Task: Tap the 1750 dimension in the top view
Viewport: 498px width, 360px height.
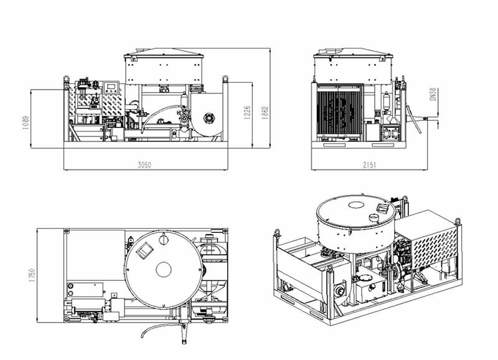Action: [30, 273]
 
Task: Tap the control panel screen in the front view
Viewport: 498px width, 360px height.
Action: [111, 86]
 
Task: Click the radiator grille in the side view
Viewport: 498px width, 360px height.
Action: [340, 113]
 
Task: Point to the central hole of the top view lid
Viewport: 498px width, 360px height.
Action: [163, 269]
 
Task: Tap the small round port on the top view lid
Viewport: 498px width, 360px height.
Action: [163, 237]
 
